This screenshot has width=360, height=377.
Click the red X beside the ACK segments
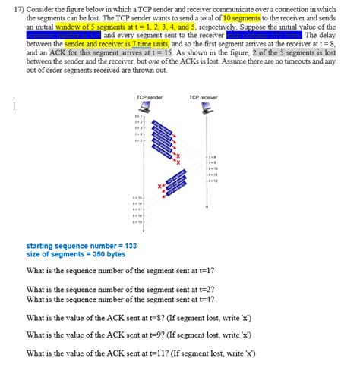coord(160,186)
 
